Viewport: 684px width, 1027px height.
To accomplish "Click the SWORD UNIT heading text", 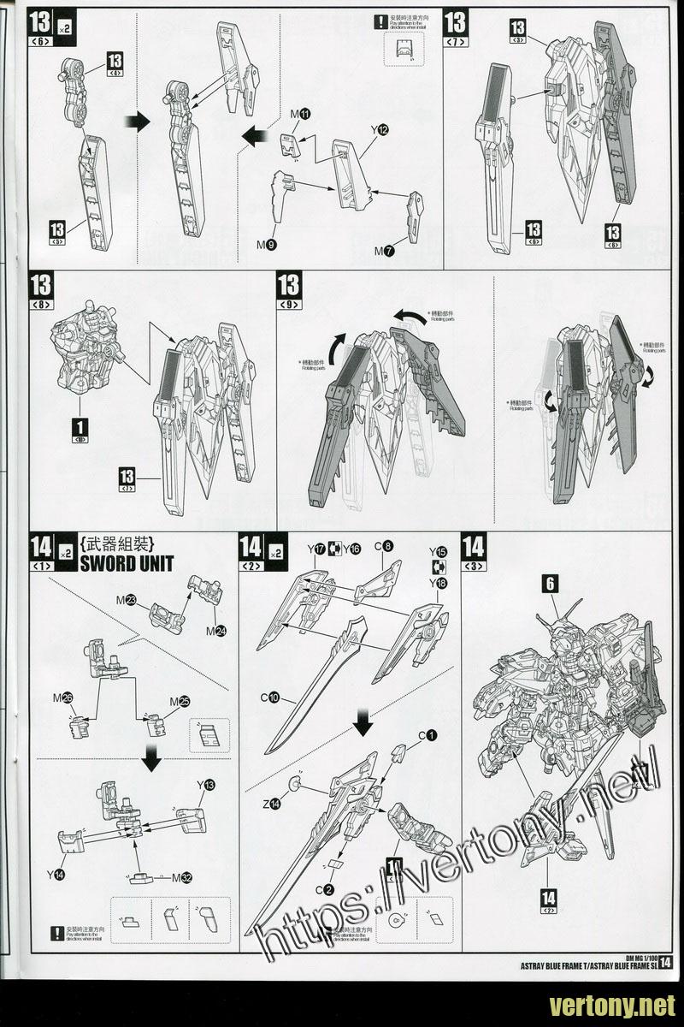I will pyautogui.click(x=127, y=562).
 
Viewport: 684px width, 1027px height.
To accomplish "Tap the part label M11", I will pyautogui.click(x=301, y=114).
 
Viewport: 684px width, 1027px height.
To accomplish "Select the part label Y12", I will pyautogui.click(x=380, y=129).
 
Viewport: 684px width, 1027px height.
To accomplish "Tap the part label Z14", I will pyautogui.click(x=273, y=803).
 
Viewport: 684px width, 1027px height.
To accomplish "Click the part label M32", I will pyautogui.click(x=182, y=877).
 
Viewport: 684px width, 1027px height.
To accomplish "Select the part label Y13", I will pyautogui.click(x=205, y=785).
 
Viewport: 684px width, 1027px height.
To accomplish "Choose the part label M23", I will pyautogui.click(x=131, y=600).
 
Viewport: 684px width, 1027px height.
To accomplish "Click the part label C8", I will pyautogui.click(x=383, y=546).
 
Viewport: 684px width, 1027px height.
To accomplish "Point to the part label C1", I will pyautogui.click(x=427, y=735).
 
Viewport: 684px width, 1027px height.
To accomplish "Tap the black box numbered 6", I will pyautogui.click(x=550, y=584).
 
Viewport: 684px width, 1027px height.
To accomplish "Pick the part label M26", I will pyautogui.click(x=61, y=698).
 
